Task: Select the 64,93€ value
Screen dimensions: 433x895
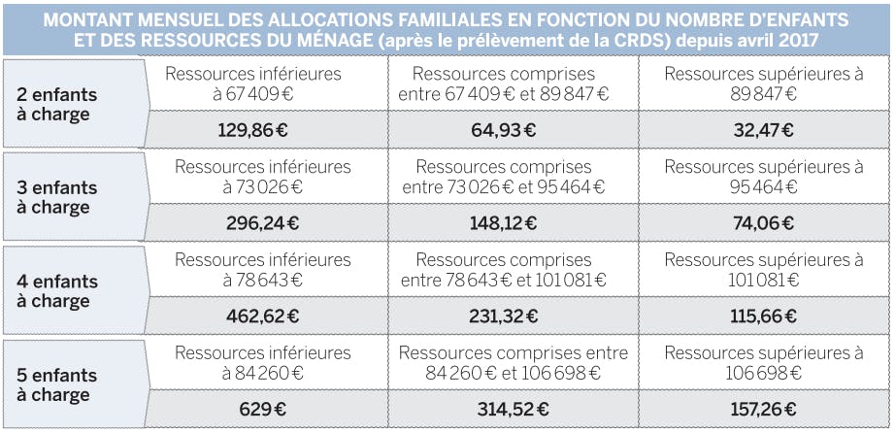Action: click(503, 130)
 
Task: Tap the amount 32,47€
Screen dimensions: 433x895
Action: click(763, 130)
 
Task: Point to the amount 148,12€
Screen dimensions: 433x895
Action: click(503, 223)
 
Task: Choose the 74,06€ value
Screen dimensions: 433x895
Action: click(763, 223)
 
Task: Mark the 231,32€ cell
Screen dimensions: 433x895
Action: click(503, 316)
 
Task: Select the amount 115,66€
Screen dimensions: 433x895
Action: click(763, 316)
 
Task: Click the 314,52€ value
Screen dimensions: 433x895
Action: click(503, 410)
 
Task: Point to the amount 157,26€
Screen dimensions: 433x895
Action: click(763, 410)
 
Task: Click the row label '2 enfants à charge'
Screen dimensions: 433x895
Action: click(59, 104)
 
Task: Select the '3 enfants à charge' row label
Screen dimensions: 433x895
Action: click(59, 197)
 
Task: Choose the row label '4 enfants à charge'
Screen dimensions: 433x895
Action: click(59, 290)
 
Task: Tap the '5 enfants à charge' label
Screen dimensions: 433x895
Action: click(59, 384)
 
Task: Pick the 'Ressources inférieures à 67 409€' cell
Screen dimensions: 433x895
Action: click(266, 84)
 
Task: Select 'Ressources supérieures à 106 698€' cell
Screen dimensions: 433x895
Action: click(763, 363)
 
